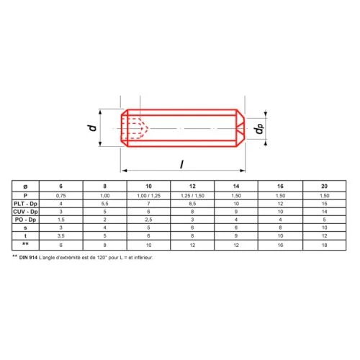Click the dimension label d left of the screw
(93, 127)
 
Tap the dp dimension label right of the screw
(259, 129)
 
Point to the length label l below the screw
(182, 164)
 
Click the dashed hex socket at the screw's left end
(135, 128)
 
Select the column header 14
(236, 186)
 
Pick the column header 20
(324, 186)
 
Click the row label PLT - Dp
(25, 204)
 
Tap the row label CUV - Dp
(25, 212)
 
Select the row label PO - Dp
(25, 220)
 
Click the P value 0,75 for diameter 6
(61, 196)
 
